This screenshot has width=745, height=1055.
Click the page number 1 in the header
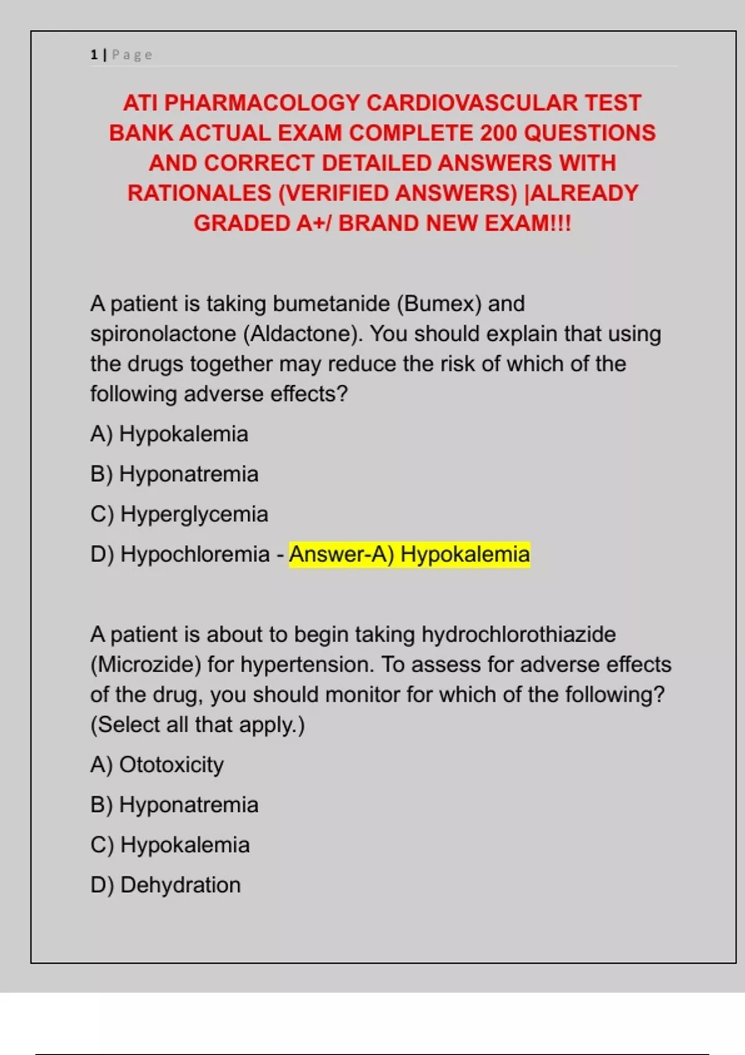[x=94, y=55]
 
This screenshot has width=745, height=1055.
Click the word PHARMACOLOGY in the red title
[x=262, y=103]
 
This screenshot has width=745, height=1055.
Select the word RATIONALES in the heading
[x=199, y=193]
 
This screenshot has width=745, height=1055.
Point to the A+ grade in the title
[x=312, y=223]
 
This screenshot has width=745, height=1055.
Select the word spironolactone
[x=163, y=334]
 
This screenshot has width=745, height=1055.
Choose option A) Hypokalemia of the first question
[x=169, y=434]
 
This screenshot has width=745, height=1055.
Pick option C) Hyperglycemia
[x=179, y=514]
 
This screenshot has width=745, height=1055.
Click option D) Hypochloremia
[x=179, y=554]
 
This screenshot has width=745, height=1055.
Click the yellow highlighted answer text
[x=409, y=554]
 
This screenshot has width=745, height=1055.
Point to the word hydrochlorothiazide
[x=518, y=635]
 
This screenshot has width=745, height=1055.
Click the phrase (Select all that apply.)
[x=197, y=725]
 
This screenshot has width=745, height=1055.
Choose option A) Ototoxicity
[x=156, y=765]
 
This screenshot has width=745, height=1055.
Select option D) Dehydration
[x=165, y=885]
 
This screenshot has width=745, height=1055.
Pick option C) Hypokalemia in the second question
[x=169, y=845]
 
